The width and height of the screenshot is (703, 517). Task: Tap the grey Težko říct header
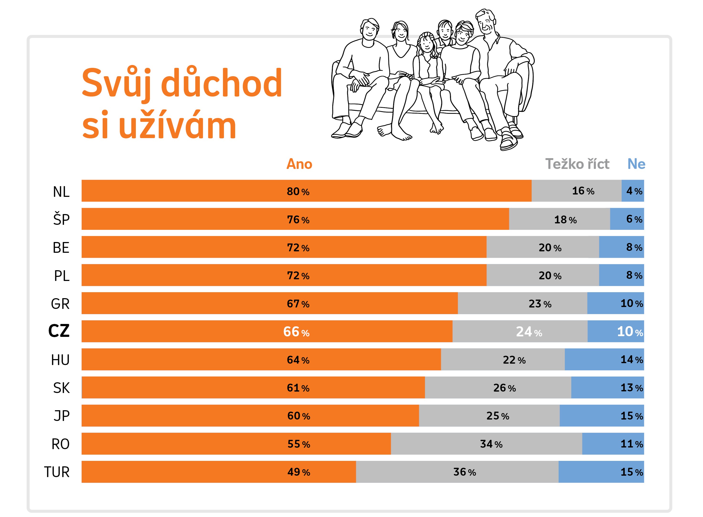[577, 164]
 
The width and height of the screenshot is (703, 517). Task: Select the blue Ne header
[636, 164]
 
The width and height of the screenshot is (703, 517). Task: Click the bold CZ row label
[59, 331]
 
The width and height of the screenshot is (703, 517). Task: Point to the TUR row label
[57, 472]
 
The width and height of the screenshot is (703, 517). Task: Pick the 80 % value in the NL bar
[298, 191]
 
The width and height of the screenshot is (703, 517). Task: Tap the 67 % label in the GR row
[298, 304]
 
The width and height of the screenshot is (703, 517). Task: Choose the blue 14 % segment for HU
[604, 360]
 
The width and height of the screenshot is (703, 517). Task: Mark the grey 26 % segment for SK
[498, 388]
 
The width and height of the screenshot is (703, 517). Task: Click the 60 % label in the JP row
[299, 416]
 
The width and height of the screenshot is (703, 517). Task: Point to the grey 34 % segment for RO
[486, 444]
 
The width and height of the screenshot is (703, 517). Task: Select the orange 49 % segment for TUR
[219, 472]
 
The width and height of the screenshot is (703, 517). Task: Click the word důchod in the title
[222, 83]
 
